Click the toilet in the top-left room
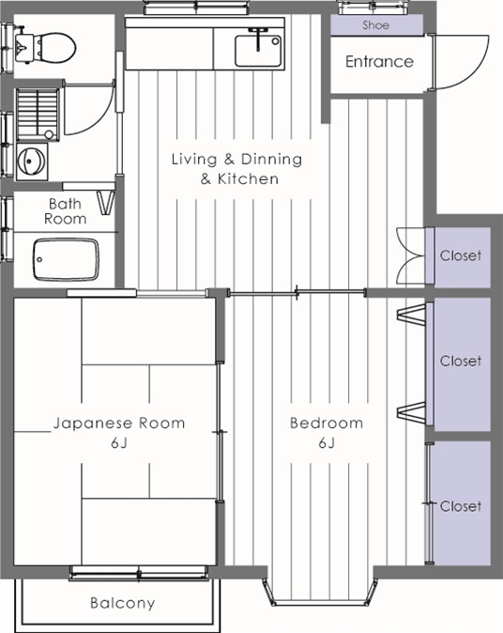pyautogui.click(x=52, y=43)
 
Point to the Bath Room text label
pyautogui.click(x=65, y=211)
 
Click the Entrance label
pyautogui.click(x=378, y=62)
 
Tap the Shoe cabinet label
pyautogui.click(x=375, y=25)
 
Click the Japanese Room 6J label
pyautogui.click(x=118, y=432)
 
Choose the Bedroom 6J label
pyautogui.click(x=326, y=432)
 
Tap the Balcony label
pyautogui.click(x=122, y=603)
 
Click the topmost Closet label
pyautogui.click(x=460, y=255)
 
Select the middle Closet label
pyautogui.click(x=460, y=361)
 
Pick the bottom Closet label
pyautogui.click(x=460, y=506)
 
